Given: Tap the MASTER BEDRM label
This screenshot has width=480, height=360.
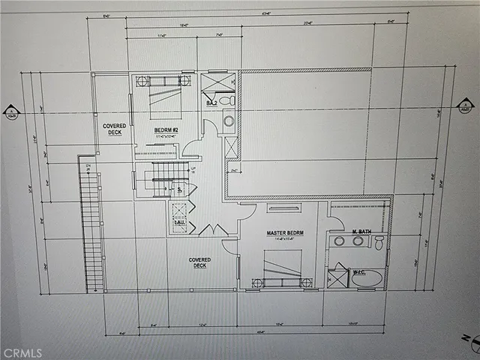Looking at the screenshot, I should coord(283,233).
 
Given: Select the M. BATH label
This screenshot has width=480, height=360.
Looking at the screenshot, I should coord(361,231).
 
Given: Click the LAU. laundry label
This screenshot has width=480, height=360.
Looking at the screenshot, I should coord(178,223).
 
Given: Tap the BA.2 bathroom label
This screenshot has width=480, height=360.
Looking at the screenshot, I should coord(211,102).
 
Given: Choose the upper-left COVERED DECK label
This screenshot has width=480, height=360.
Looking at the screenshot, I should coord(114,129).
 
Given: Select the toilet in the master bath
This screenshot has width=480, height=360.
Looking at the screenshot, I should coord(379,241).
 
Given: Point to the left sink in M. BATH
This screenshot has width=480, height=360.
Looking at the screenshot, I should coord(340,241).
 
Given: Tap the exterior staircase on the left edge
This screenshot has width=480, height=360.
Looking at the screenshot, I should coord(91,229).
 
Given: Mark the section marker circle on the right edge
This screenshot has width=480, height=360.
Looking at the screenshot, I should coord(465,106).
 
